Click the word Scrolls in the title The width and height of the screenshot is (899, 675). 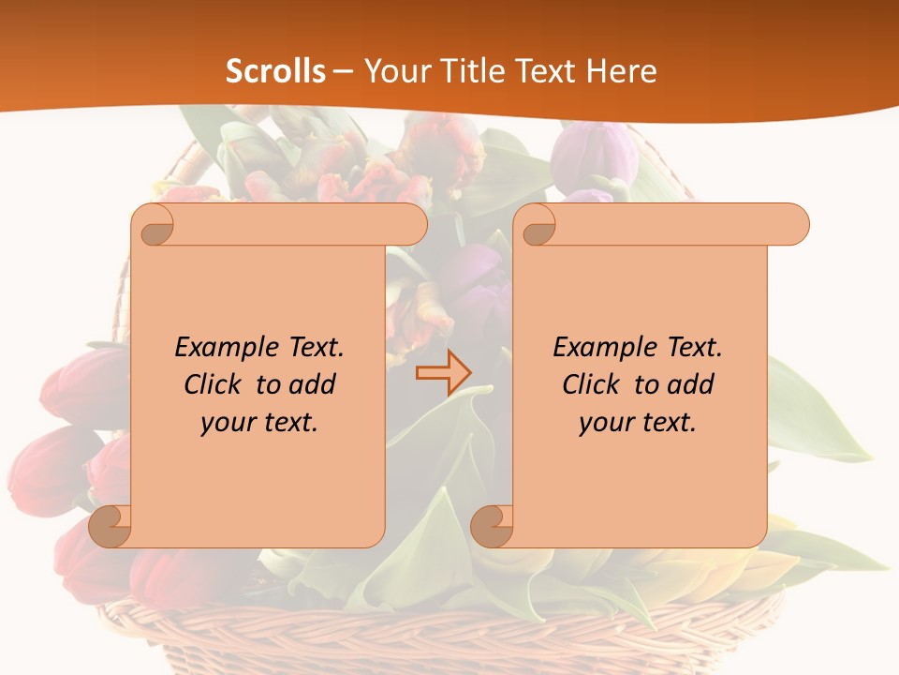coord(275,71)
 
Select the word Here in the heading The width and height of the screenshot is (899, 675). coord(622,71)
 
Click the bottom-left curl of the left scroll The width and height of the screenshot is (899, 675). coord(111,526)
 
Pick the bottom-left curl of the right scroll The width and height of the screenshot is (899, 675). coord(492,526)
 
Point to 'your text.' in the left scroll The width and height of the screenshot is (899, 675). coord(259,422)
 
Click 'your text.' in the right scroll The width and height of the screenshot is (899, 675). coord(638,422)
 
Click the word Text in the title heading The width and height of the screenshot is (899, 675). coord(546,71)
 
